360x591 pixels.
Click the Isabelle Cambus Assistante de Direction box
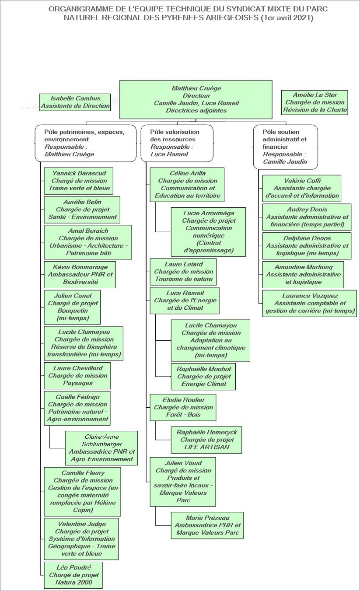[x=75, y=102]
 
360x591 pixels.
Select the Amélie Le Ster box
[x=315, y=102]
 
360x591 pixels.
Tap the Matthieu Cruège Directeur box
[x=196, y=99]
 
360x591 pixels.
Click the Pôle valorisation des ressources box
[x=177, y=143]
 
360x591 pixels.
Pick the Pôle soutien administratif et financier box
[x=285, y=147]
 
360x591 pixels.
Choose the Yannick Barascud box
[x=79, y=181]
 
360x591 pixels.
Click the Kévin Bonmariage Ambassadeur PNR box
[x=80, y=274]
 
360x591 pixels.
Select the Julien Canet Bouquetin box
[x=72, y=307]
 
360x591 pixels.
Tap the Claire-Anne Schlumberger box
[x=101, y=448]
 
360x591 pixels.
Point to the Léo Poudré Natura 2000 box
[x=73, y=575]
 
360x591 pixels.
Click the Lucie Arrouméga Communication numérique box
[x=208, y=232]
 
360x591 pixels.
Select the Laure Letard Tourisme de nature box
[x=183, y=272]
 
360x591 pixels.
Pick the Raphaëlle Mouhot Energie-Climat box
[x=203, y=377]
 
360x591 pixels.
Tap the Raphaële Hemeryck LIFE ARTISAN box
[x=206, y=440]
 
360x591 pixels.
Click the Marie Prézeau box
[x=207, y=525]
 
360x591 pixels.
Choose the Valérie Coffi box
[x=302, y=189]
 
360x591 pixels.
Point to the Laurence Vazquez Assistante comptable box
[x=310, y=304]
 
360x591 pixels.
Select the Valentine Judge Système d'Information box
[x=81, y=539]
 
